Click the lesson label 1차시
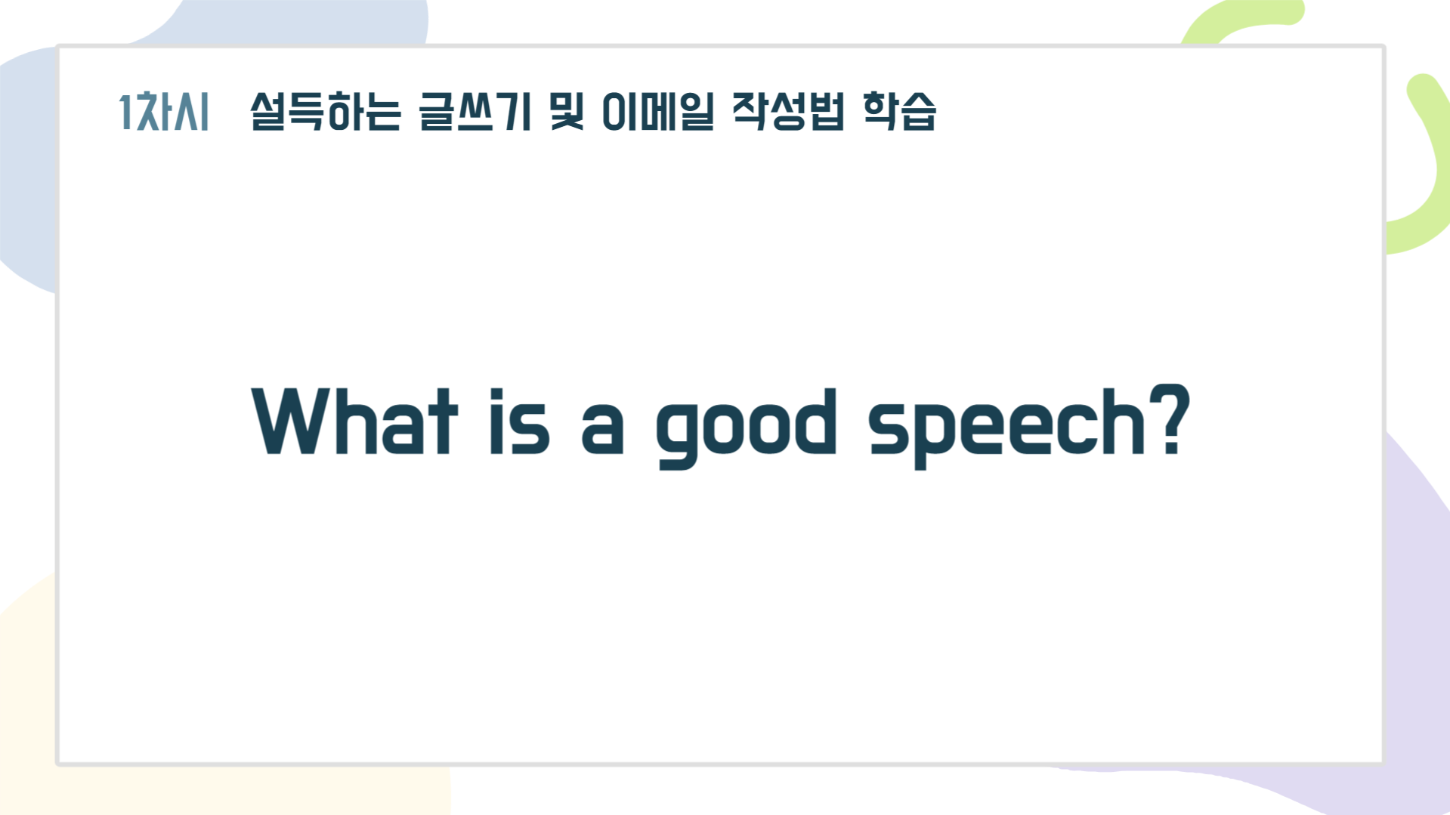[164, 112]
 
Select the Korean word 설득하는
[326, 112]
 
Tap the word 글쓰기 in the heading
[475, 112]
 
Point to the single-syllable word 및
[567, 112]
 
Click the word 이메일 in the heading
[657, 112]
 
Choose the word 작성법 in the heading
[788, 112]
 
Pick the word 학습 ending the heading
[899, 112]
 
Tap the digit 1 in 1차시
[126, 112]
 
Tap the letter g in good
[677, 437]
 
